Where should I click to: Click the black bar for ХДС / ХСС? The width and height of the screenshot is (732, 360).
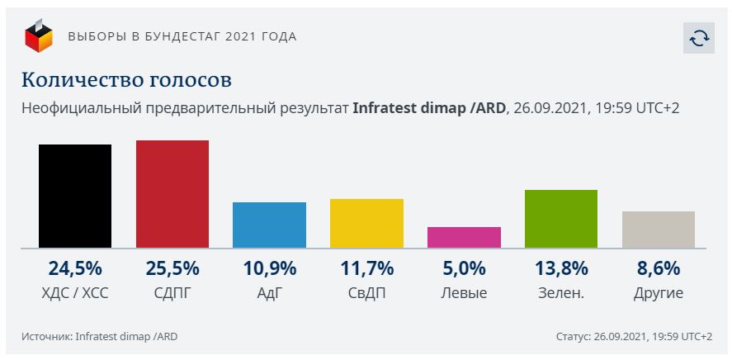click(75, 196)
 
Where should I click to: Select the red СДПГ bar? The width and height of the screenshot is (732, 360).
click(172, 194)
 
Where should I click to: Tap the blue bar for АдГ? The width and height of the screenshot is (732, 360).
click(269, 225)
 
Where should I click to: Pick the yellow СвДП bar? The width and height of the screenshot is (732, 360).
click(366, 223)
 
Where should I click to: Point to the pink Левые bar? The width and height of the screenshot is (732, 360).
click(464, 237)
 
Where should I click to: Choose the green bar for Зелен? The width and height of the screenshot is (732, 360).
click(561, 219)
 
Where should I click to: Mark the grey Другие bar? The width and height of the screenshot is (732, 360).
click(659, 230)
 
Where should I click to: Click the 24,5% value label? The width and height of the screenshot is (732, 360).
click(75, 268)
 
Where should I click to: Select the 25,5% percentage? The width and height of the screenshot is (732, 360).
click(172, 268)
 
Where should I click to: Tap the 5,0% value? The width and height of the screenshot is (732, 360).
click(464, 268)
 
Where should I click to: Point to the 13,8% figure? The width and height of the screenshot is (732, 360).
click(561, 268)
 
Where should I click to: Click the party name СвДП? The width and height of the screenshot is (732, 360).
click(366, 292)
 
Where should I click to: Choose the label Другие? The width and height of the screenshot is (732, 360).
click(659, 292)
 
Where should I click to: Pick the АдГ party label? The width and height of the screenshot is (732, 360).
click(269, 292)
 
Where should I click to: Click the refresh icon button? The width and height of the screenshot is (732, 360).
click(698, 38)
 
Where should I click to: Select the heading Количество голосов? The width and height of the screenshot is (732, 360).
click(126, 80)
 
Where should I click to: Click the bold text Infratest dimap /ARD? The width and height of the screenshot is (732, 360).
click(428, 108)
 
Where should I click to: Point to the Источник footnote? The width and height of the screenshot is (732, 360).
click(100, 336)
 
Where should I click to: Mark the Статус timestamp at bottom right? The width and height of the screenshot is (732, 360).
click(635, 336)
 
